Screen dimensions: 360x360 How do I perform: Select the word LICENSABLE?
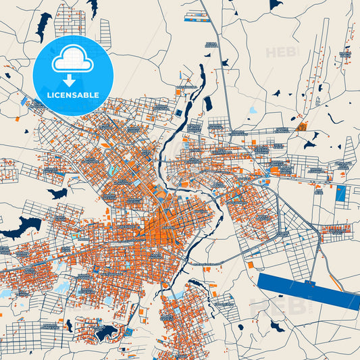point(72,95)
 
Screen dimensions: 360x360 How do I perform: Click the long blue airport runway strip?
point(307,290)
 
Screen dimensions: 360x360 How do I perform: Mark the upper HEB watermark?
point(278,52)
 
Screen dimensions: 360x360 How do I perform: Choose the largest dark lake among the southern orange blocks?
point(105,332)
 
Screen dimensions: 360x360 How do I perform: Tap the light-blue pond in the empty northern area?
point(253,109)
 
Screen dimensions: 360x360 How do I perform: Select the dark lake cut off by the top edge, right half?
point(275,3)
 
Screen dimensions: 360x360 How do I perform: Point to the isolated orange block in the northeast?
point(301,126)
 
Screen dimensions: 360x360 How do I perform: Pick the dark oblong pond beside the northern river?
point(208,103)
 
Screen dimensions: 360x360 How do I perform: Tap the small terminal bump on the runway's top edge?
point(311,281)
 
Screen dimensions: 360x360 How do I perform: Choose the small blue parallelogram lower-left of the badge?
point(24,102)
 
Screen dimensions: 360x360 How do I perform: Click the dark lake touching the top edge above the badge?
point(92,6)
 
